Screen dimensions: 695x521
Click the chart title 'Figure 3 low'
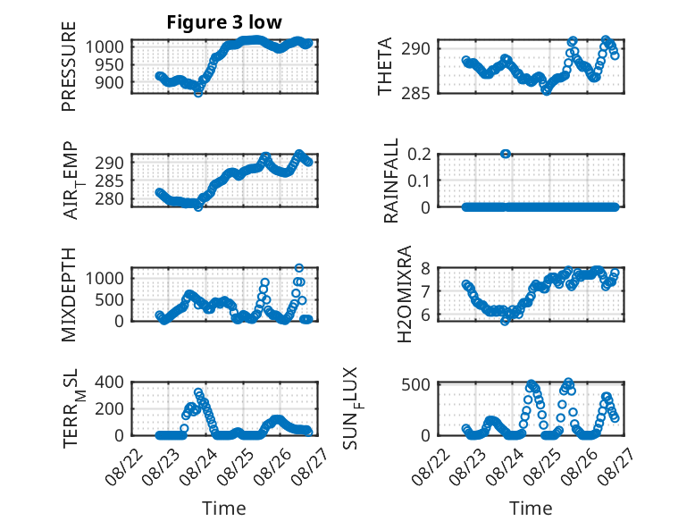[224, 22]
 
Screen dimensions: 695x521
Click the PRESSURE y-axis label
[69, 66]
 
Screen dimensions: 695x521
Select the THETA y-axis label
[385, 66]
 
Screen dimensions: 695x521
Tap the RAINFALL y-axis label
[391, 180]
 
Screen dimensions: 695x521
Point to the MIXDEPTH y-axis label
[69, 295]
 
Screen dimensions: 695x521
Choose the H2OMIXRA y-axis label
[405, 294]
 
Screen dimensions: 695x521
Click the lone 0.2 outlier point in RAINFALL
[506, 154]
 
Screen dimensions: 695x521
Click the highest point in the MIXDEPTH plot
[299, 268]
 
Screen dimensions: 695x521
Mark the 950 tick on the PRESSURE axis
[109, 64]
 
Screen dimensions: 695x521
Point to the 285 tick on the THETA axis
[415, 94]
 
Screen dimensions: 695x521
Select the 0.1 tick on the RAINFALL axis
[419, 181]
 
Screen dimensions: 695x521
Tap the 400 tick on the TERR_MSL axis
[109, 382]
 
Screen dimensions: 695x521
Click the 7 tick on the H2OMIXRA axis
[425, 291]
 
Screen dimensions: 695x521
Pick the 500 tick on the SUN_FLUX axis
[415, 384]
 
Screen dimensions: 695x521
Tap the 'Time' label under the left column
[224, 508]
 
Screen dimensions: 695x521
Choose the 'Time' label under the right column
[531, 508]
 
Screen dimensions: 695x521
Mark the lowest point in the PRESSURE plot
[198, 93]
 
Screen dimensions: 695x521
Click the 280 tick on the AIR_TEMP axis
[109, 199]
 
